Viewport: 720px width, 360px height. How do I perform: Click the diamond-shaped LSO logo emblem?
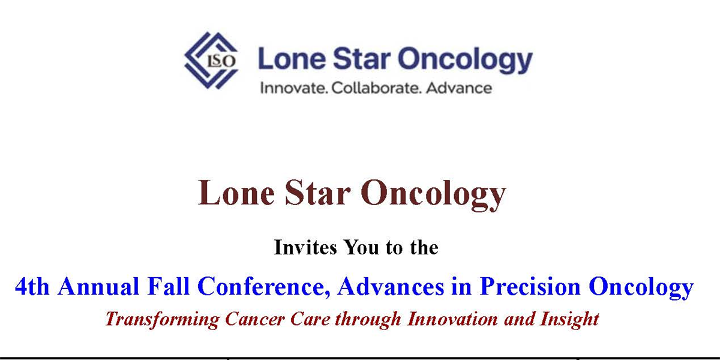(x=211, y=61)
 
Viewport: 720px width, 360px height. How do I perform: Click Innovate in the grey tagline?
(x=294, y=88)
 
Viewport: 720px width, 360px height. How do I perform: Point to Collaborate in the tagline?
(x=376, y=88)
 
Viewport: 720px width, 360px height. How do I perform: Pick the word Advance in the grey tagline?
(x=459, y=88)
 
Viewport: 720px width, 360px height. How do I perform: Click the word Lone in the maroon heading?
(x=236, y=192)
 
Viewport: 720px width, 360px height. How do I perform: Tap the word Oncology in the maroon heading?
(x=434, y=194)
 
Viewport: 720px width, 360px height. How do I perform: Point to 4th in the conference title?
(x=32, y=286)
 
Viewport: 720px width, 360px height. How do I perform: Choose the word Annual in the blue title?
(x=98, y=286)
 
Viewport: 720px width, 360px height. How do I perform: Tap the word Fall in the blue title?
(x=168, y=286)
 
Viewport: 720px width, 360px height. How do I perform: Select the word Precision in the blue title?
(x=530, y=286)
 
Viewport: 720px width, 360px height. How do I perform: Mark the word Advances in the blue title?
(x=391, y=286)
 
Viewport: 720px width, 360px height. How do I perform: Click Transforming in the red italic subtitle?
(x=163, y=320)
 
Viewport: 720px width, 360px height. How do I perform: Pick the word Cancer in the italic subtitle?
(x=255, y=319)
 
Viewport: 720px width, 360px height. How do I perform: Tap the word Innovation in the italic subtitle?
(x=452, y=319)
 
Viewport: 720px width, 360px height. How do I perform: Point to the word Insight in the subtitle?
(x=569, y=320)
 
